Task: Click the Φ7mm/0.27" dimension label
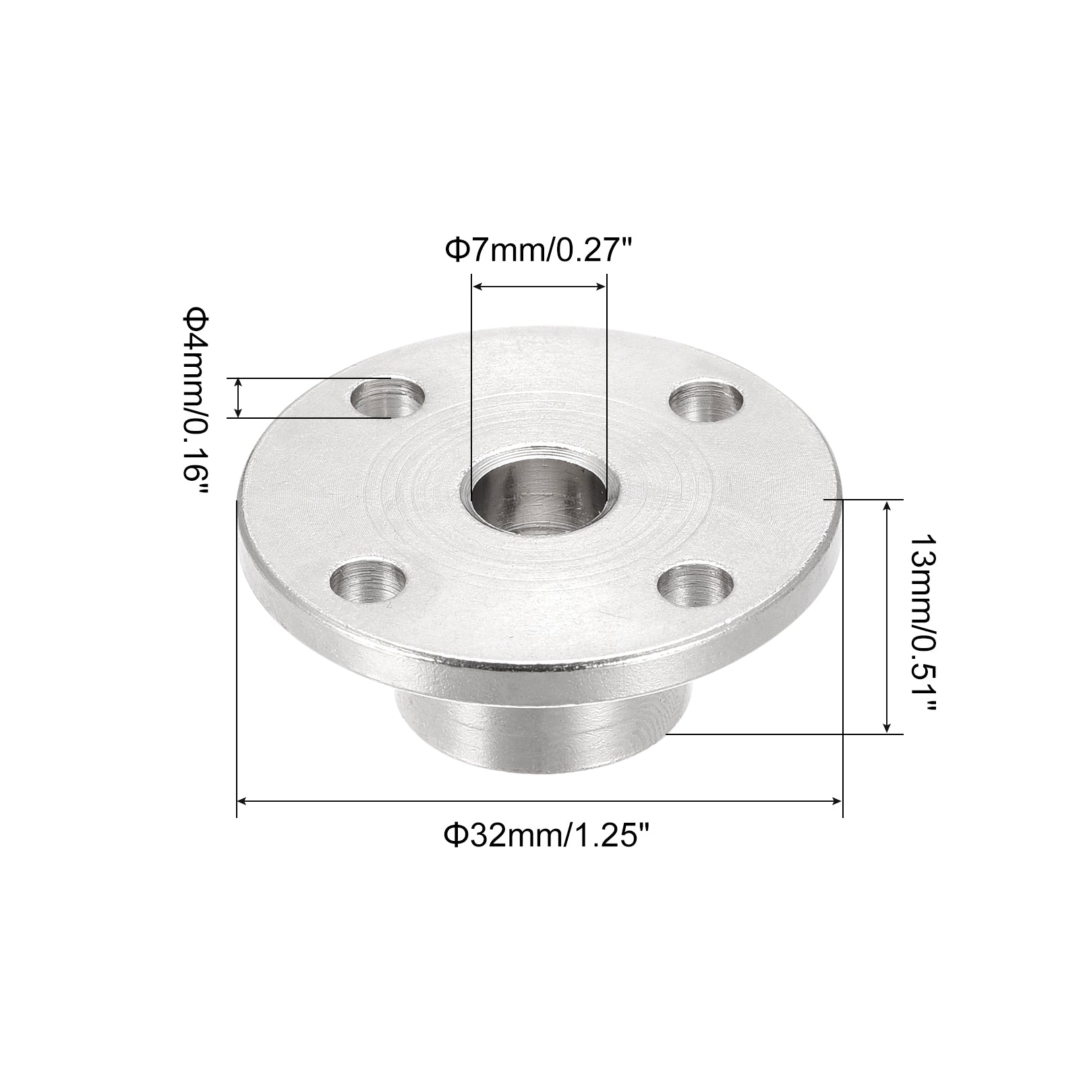pyautogui.click(x=539, y=251)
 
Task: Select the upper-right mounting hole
pyautogui.click(x=707, y=402)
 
